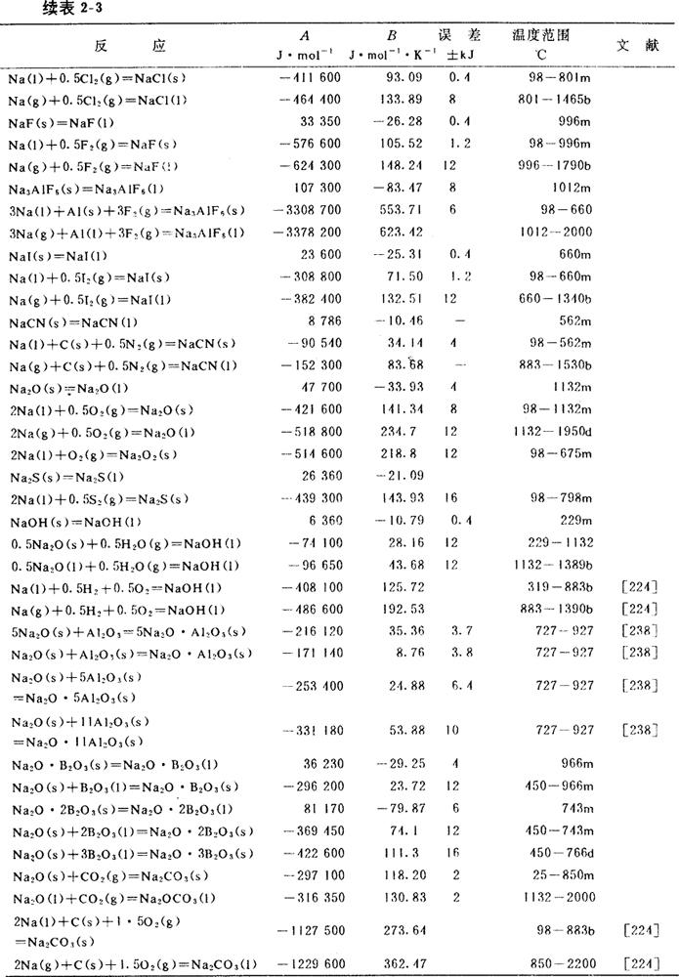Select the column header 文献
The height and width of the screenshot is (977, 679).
point(636,46)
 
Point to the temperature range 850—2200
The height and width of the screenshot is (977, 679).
point(554,962)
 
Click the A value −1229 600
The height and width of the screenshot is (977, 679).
point(308,962)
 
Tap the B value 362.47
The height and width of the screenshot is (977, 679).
point(397,962)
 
